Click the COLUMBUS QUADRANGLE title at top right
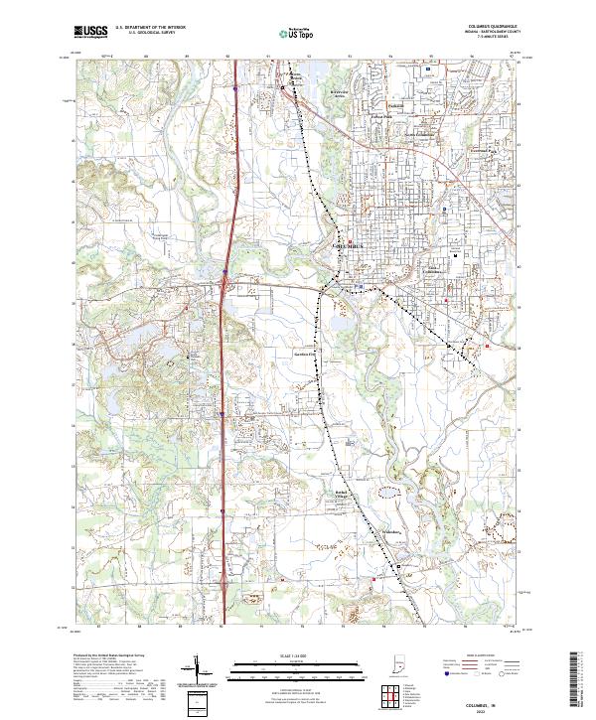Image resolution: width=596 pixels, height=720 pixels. pyautogui.click(x=484, y=27)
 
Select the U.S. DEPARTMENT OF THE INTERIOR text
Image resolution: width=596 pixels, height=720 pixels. pyautogui.click(x=150, y=28)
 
